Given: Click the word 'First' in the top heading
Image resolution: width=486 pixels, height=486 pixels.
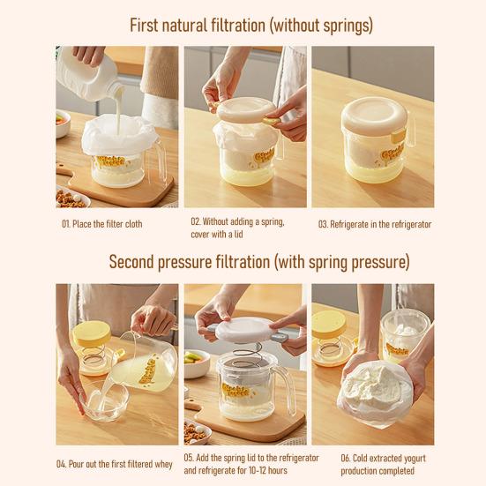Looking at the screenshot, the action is tap(144, 26).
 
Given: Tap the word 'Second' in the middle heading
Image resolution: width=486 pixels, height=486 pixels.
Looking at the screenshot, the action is tap(131, 262).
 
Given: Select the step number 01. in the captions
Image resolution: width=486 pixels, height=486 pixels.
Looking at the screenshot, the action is tap(65, 224).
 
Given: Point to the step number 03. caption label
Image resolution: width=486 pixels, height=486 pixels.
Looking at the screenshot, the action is tap(323, 224).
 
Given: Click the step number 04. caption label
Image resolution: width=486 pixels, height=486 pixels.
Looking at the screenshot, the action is tap(62, 464).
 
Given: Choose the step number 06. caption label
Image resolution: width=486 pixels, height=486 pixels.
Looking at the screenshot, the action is tap(346, 458).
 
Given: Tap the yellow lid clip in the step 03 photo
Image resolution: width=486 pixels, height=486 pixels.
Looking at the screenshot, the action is tap(399, 136).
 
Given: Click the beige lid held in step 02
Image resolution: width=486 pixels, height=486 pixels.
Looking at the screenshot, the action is tap(245, 109).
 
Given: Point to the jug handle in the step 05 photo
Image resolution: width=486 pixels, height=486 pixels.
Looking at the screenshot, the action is tap(287, 390).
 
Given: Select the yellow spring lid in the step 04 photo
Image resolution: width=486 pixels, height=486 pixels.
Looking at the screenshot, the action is tap(92, 333).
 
